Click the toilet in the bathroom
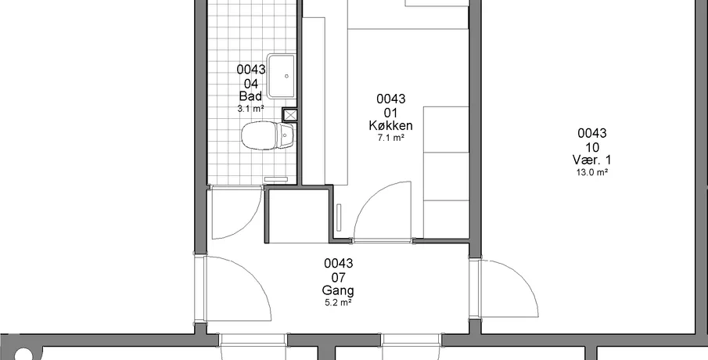[x=268, y=135]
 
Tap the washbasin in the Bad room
[x=281, y=77]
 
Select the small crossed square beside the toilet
[x=290, y=115]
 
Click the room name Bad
[x=250, y=97]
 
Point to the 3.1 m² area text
[x=250, y=109]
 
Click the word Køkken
[x=390, y=125]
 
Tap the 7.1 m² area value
[x=390, y=139]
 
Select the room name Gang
[x=338, y=290]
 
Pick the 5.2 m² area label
[x=338, y=303]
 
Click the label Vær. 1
[x=592, y=160]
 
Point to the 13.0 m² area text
[x=592, y=172]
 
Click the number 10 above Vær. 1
[x=592, y=147]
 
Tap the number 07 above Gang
[x=338, y=277]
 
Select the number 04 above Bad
[x=250, y=84]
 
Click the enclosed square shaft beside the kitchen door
[x=298, y=216]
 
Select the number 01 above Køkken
[x=390, y=112]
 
